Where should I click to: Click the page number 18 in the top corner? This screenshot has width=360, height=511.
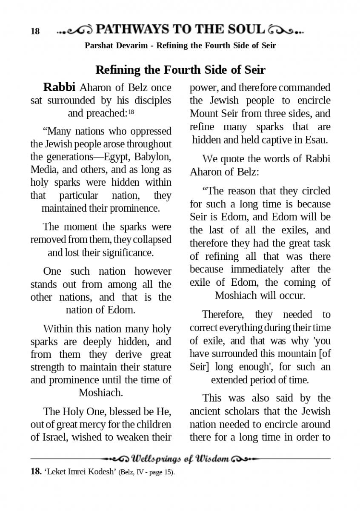coord(35,32)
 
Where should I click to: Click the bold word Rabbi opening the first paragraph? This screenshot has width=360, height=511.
coord(60,87)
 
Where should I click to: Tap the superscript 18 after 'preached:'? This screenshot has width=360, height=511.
coord(131,112)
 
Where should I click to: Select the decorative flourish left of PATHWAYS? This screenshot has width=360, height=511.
coord(74,30)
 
